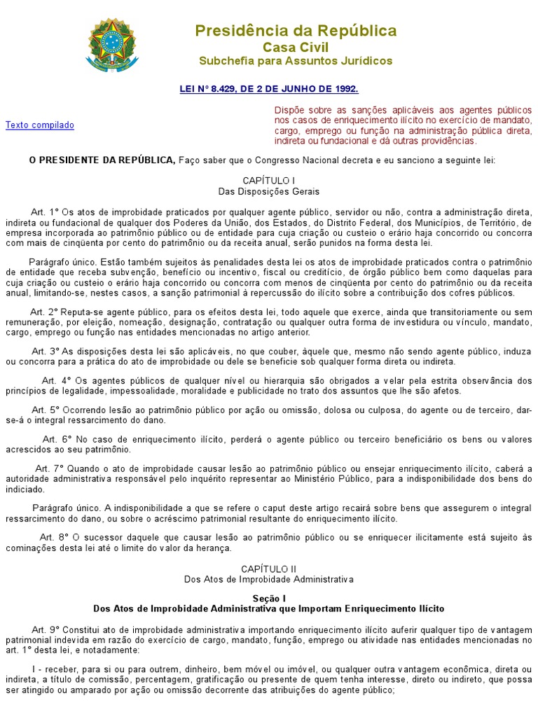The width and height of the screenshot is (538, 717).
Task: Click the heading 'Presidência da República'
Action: (x=295, y=31)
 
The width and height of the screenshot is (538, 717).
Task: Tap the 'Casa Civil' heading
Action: (x=295, y=47)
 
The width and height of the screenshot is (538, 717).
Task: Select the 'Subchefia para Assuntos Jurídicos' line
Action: (x=295, y=61)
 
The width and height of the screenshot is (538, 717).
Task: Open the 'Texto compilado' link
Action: (x=40, y=125)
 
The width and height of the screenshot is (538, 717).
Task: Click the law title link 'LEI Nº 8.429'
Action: (x=269, y=89)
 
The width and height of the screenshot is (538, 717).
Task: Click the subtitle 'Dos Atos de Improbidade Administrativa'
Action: (x=269, y=580)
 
